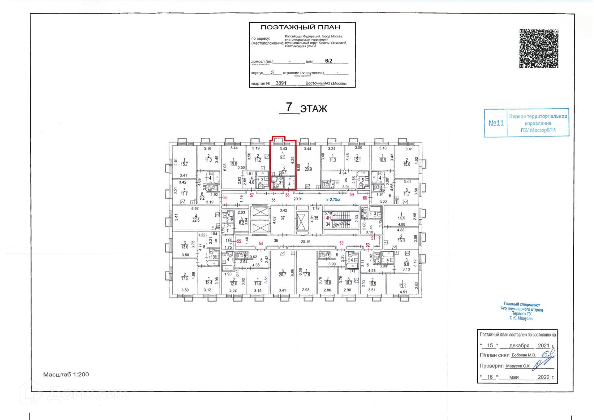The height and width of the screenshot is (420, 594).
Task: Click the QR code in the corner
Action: [539, 49]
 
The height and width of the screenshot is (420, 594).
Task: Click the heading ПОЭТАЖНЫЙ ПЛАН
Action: [300, 27]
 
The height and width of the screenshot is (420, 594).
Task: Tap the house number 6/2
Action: [329, 61]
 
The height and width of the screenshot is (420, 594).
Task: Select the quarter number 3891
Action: [281, 83]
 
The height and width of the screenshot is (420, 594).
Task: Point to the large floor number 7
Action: [289, 107]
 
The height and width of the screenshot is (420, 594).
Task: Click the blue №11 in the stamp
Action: [496, 123]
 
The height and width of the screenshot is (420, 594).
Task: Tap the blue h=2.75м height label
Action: [332, 200]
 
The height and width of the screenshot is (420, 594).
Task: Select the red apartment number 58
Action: [287, 195]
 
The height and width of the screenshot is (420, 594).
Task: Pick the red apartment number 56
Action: [225, 197]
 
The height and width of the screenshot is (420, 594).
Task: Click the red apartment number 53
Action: [341, 243]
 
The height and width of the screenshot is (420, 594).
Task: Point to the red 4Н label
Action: [328, 218]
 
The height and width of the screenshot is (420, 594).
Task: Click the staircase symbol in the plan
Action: [341, 219]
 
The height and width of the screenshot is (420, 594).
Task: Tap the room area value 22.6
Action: [196, 220]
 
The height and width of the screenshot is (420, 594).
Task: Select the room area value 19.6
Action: [233, 164]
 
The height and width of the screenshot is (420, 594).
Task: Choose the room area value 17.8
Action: [306, 274]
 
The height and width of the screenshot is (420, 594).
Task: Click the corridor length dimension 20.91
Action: [298, 199]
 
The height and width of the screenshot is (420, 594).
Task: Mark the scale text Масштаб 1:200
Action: [66, 375]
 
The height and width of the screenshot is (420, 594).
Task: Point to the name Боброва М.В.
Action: [523, 355]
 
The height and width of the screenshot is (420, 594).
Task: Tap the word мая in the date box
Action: [514, 377]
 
